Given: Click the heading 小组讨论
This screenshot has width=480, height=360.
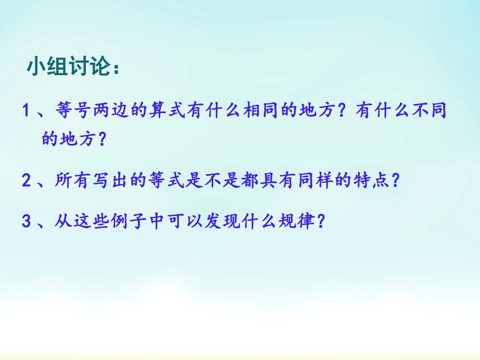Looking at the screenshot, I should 73,67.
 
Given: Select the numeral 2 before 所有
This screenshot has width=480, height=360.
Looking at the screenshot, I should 27,181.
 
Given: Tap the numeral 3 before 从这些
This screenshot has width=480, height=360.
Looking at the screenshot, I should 27,222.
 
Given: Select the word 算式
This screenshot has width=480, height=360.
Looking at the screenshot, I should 165,111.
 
